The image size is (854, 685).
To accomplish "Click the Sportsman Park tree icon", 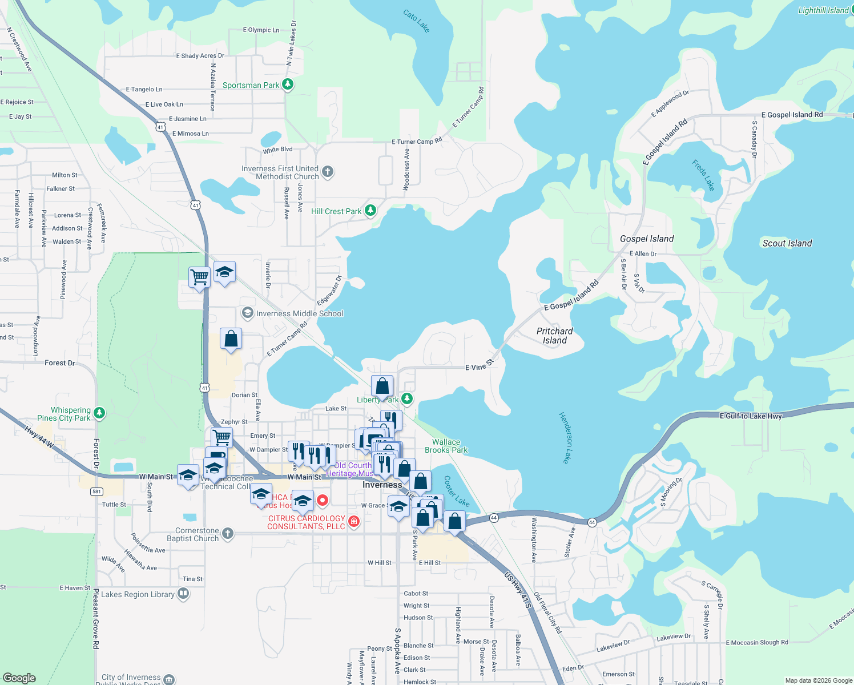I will [288, 85].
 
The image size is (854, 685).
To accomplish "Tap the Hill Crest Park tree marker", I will [370, 211].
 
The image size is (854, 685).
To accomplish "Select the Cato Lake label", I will [416, 21].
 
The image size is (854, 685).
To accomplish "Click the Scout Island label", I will [787, 243].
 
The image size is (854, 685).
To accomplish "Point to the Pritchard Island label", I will [554, 336].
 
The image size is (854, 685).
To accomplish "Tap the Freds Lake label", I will [703, 175].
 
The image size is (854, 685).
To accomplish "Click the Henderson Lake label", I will [565, 437].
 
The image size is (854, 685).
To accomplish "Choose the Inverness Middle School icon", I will [248, 313].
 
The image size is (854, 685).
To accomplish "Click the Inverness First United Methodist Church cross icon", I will [328, 172].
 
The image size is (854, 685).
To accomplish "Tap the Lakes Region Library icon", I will [183, 594].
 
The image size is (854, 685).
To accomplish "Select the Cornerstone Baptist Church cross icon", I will [228, 534].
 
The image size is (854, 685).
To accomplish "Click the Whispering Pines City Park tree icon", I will [99, 413].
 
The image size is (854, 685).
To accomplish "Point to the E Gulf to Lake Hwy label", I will [751, 416].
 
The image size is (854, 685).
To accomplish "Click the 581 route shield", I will [96, 491].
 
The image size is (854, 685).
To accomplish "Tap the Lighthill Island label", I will [823, 10].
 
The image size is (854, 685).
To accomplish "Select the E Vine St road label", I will [479, 366].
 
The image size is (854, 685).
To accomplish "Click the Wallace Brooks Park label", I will [446, 446].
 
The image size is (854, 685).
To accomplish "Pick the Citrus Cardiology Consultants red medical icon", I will [354, 521].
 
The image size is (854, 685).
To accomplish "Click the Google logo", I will [19, 678].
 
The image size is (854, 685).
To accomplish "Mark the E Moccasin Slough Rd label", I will [757, 643].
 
